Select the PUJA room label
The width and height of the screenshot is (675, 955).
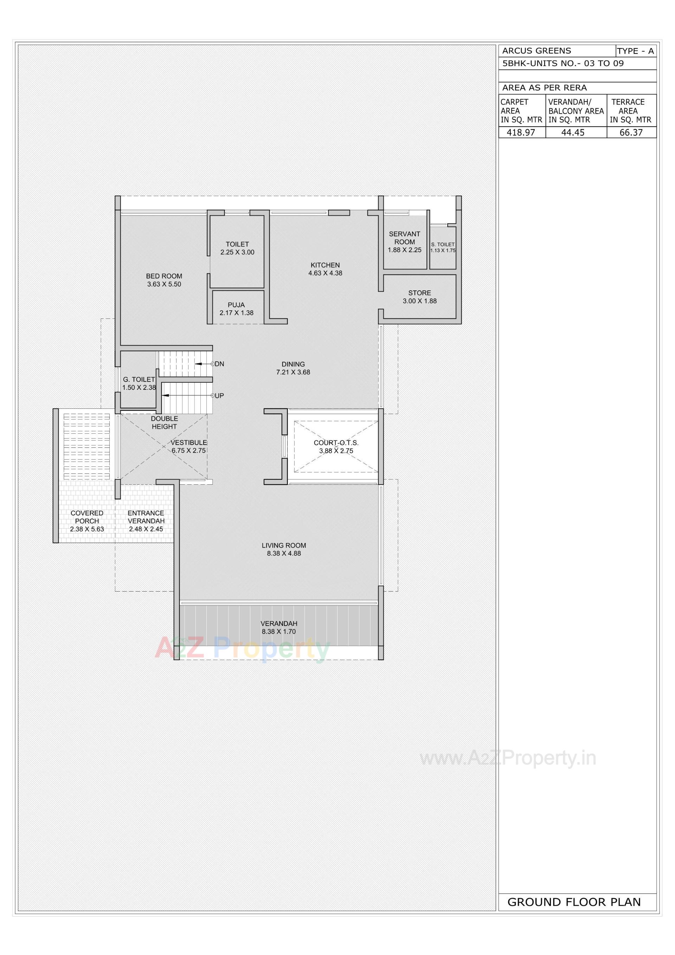pos(236,305)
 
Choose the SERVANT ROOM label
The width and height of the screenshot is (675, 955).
pos(405,238)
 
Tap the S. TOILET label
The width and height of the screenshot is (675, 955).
pos(443,245)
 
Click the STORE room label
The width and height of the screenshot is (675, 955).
pos(419,293)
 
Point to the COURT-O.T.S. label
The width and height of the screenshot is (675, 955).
pos(336,443)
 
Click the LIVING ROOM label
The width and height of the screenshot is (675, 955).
pos(284,545)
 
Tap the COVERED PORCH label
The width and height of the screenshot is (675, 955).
pos(87,517)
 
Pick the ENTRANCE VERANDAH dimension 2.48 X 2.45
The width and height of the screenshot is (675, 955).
pos(146,529)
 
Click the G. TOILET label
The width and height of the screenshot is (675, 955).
pos(139,379)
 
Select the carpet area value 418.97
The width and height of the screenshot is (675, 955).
pos(521,133)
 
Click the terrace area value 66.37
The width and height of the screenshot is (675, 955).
pos(631,133)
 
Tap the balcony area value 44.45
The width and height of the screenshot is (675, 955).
pos(573,133)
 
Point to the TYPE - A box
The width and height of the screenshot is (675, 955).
pos(636,51)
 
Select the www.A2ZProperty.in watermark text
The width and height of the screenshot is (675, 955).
pos(508,758)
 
